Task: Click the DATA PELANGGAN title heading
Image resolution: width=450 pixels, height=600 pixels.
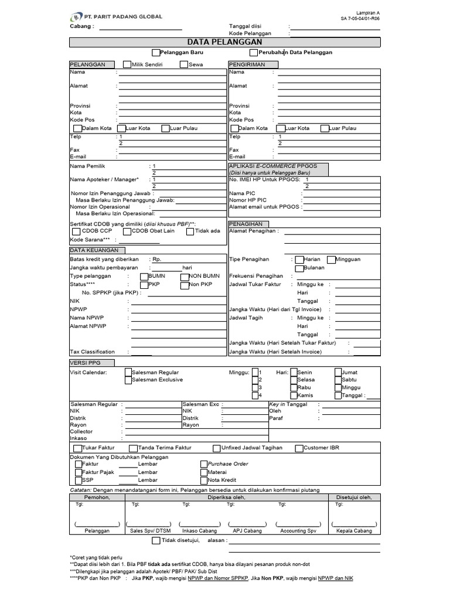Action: (225, 42)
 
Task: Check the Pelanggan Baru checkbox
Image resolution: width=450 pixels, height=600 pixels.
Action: (156, 52)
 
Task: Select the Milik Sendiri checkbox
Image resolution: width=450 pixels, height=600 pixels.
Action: (127, 64)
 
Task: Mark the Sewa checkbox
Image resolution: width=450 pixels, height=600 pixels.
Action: (184, 64)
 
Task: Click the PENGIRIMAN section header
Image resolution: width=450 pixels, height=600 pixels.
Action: (247, 64)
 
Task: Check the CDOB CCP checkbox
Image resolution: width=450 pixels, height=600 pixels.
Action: (77, 231)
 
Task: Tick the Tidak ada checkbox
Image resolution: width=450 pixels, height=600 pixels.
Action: (190, 231)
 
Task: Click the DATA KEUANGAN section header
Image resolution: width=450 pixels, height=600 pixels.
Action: (94, 250)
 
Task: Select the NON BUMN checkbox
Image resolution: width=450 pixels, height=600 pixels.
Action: (185, 276)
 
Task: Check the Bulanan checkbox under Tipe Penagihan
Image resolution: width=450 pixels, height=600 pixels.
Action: (299, 268)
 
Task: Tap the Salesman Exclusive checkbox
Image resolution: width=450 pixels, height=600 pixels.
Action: (128, 380)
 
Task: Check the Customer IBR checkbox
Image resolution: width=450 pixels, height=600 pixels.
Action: (299, 448)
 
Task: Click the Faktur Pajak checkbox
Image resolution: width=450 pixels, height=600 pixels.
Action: (79, 472)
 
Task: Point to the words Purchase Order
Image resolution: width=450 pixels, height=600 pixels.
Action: (228, 463)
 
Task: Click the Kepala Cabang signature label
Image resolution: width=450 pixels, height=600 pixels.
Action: (354, 530)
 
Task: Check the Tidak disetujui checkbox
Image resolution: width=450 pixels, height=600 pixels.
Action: (156, 540)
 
